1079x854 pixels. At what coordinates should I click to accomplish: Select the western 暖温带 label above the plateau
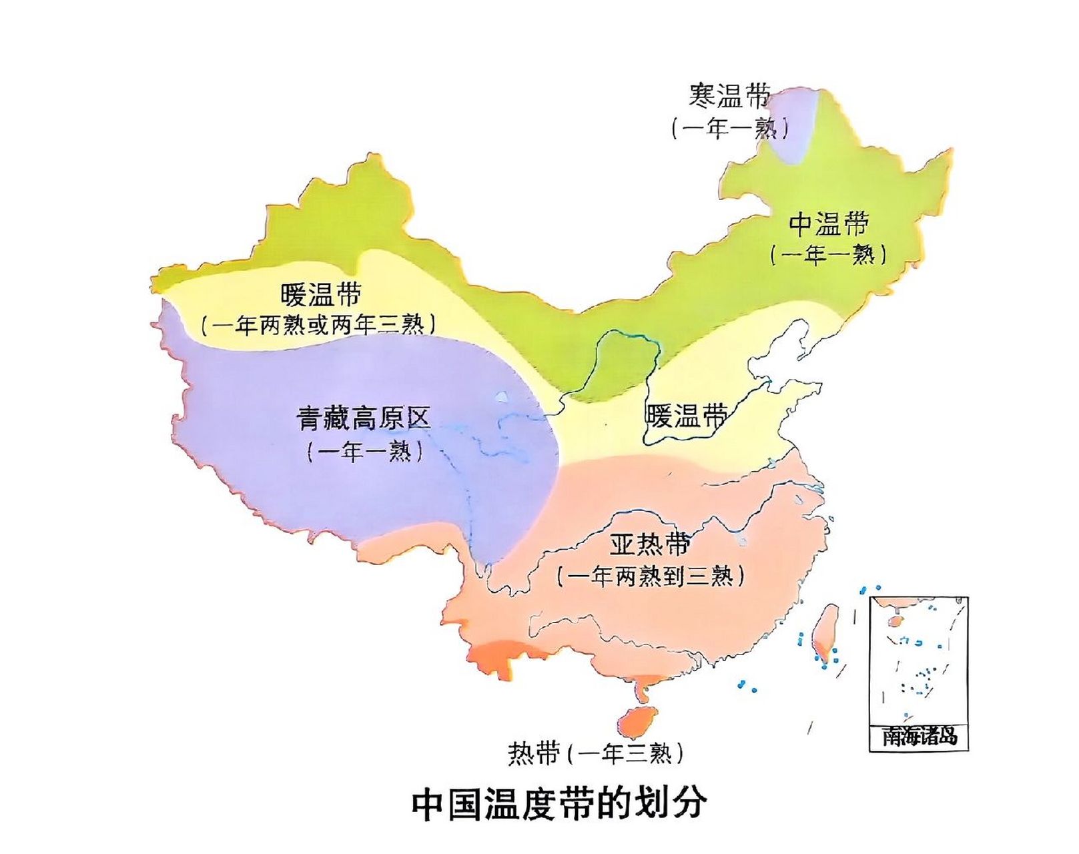coord(321,294)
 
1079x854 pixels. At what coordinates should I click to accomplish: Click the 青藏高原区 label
coord(364,419)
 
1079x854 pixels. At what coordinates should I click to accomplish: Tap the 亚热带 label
coord(649,544)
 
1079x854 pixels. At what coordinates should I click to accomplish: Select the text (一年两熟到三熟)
coord(650,576)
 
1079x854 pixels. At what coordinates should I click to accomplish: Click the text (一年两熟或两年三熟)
coord(319,325)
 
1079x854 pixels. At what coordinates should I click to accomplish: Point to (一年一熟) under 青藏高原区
coord(364,452)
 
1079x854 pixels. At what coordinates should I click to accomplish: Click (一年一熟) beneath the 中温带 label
coord(828,254)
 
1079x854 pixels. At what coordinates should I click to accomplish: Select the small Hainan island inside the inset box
coord(895,621)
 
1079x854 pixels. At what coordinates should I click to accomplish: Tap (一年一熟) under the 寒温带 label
coord(729,127)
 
